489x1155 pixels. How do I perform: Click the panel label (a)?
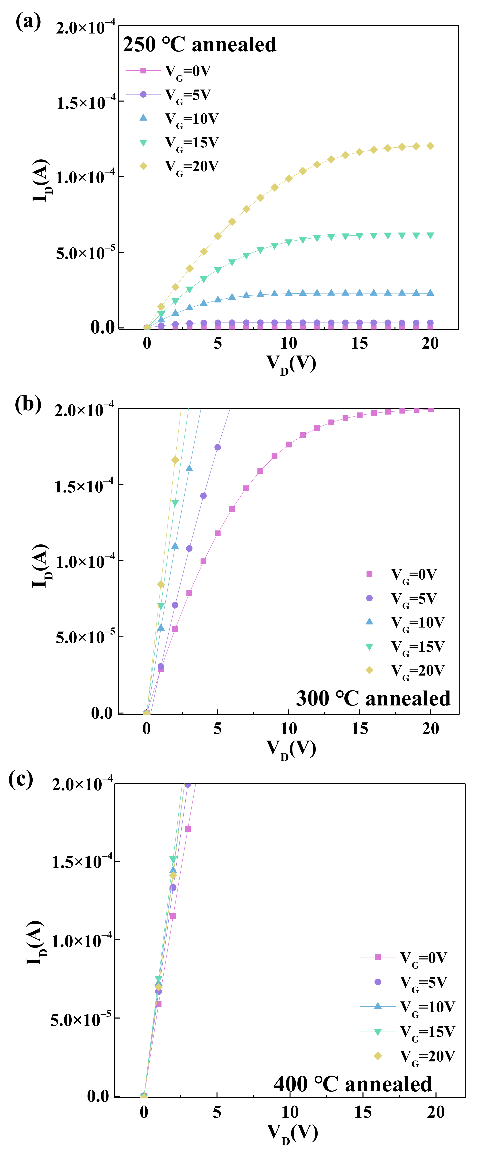tap(28, 21)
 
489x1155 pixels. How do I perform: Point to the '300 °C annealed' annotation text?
tap(373, 699)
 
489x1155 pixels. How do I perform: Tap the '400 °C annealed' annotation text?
tap(353, 1084)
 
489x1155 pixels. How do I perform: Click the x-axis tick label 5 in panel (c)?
tap(217, 1112)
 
